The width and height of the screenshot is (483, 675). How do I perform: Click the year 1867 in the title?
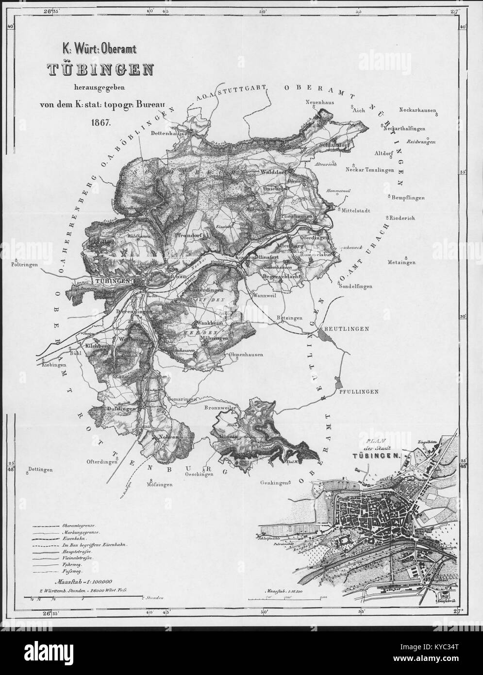(x=100, y=121)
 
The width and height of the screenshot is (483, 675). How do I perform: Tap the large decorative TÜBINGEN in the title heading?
(x=100, y=70)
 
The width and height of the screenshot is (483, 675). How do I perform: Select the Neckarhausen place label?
(x=416, y=110)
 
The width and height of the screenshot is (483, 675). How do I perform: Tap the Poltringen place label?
(x=25, y=266)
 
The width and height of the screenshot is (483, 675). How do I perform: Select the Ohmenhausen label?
(x=247, y=354)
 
